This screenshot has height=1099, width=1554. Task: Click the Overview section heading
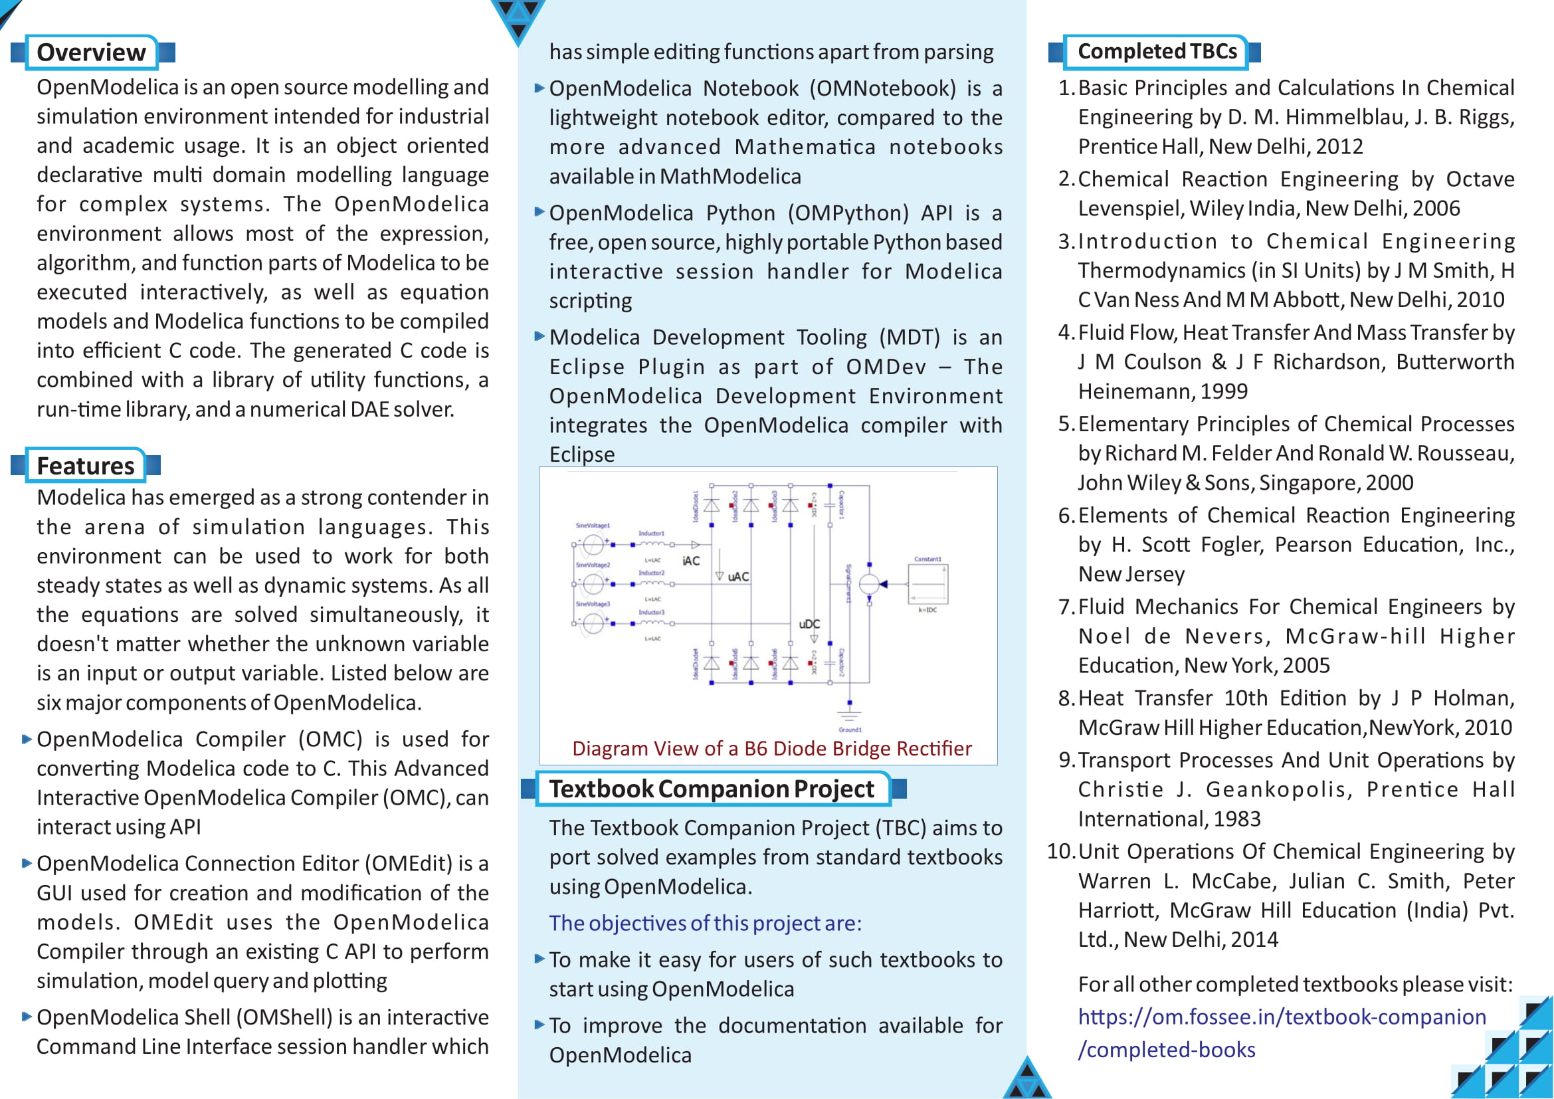click(91, 52)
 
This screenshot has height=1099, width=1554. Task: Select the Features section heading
click(85, 466)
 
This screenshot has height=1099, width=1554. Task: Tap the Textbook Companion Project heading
click(712, 789)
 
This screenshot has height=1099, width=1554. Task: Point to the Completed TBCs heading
click(1157, 51)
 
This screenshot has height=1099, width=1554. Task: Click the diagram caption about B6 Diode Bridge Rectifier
click(771, 748)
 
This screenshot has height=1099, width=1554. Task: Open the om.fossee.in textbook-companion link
click(1281, 1017)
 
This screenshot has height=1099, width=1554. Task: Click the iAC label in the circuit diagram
click(691, 560)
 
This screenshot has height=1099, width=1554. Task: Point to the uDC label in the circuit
click(809, 623)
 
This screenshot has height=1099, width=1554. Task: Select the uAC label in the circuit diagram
click(737, 577)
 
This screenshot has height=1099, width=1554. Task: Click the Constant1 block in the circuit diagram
click(928, 583)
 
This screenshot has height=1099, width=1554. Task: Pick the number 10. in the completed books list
click(1060, 851)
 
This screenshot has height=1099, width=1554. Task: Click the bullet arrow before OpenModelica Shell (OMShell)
click(27, 1017)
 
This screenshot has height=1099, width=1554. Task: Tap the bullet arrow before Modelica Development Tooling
click(539, 336)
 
